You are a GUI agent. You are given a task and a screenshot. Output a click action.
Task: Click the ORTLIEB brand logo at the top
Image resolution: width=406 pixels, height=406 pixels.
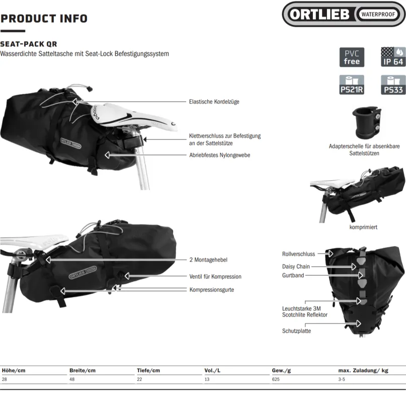coord(344,14)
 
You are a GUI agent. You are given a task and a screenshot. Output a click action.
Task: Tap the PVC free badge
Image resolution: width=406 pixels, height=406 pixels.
coord(352,57)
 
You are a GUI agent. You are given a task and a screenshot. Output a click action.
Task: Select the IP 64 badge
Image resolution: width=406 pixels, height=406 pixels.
coord(393,57)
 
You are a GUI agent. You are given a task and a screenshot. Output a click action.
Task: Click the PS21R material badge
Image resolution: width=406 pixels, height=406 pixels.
coord(352,85)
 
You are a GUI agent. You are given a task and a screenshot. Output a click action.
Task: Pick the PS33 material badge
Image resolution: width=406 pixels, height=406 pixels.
coord(393,85)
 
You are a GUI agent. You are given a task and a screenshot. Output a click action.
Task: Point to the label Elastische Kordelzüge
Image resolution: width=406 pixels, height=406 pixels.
coord(214,102)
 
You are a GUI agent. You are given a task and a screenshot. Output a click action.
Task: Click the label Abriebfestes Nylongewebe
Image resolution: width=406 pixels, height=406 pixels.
coord(219,155)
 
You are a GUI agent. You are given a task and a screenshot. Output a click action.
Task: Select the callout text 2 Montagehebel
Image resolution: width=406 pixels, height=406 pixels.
coord(208,260)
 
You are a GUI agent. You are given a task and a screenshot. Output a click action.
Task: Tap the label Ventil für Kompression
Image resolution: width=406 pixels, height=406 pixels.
coord(215,277)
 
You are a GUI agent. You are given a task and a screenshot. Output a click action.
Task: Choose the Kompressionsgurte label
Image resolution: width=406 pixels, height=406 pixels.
coord(211,289)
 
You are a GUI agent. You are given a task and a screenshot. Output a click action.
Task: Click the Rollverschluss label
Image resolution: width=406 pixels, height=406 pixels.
coord(298,254)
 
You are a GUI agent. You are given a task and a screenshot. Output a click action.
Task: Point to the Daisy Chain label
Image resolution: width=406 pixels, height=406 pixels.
coord(296,267)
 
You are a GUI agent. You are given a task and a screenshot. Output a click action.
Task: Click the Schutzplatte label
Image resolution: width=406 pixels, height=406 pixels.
coord(296,331)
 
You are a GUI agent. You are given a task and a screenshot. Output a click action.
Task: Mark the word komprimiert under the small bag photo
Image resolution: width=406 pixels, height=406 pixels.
coord(363,227)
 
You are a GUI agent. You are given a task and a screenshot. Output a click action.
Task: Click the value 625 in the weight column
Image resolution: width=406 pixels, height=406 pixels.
coord(276,379)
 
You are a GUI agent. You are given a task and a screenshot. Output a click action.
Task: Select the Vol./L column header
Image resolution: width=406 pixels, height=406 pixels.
coord(212,370)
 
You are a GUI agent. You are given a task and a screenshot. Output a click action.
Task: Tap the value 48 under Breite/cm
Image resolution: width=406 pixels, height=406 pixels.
coord(72,379)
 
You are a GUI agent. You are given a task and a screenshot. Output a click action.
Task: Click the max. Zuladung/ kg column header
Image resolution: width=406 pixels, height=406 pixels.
coord(363,370)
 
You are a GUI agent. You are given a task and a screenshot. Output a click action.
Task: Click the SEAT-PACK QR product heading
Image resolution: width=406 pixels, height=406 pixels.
coord(29,44)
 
